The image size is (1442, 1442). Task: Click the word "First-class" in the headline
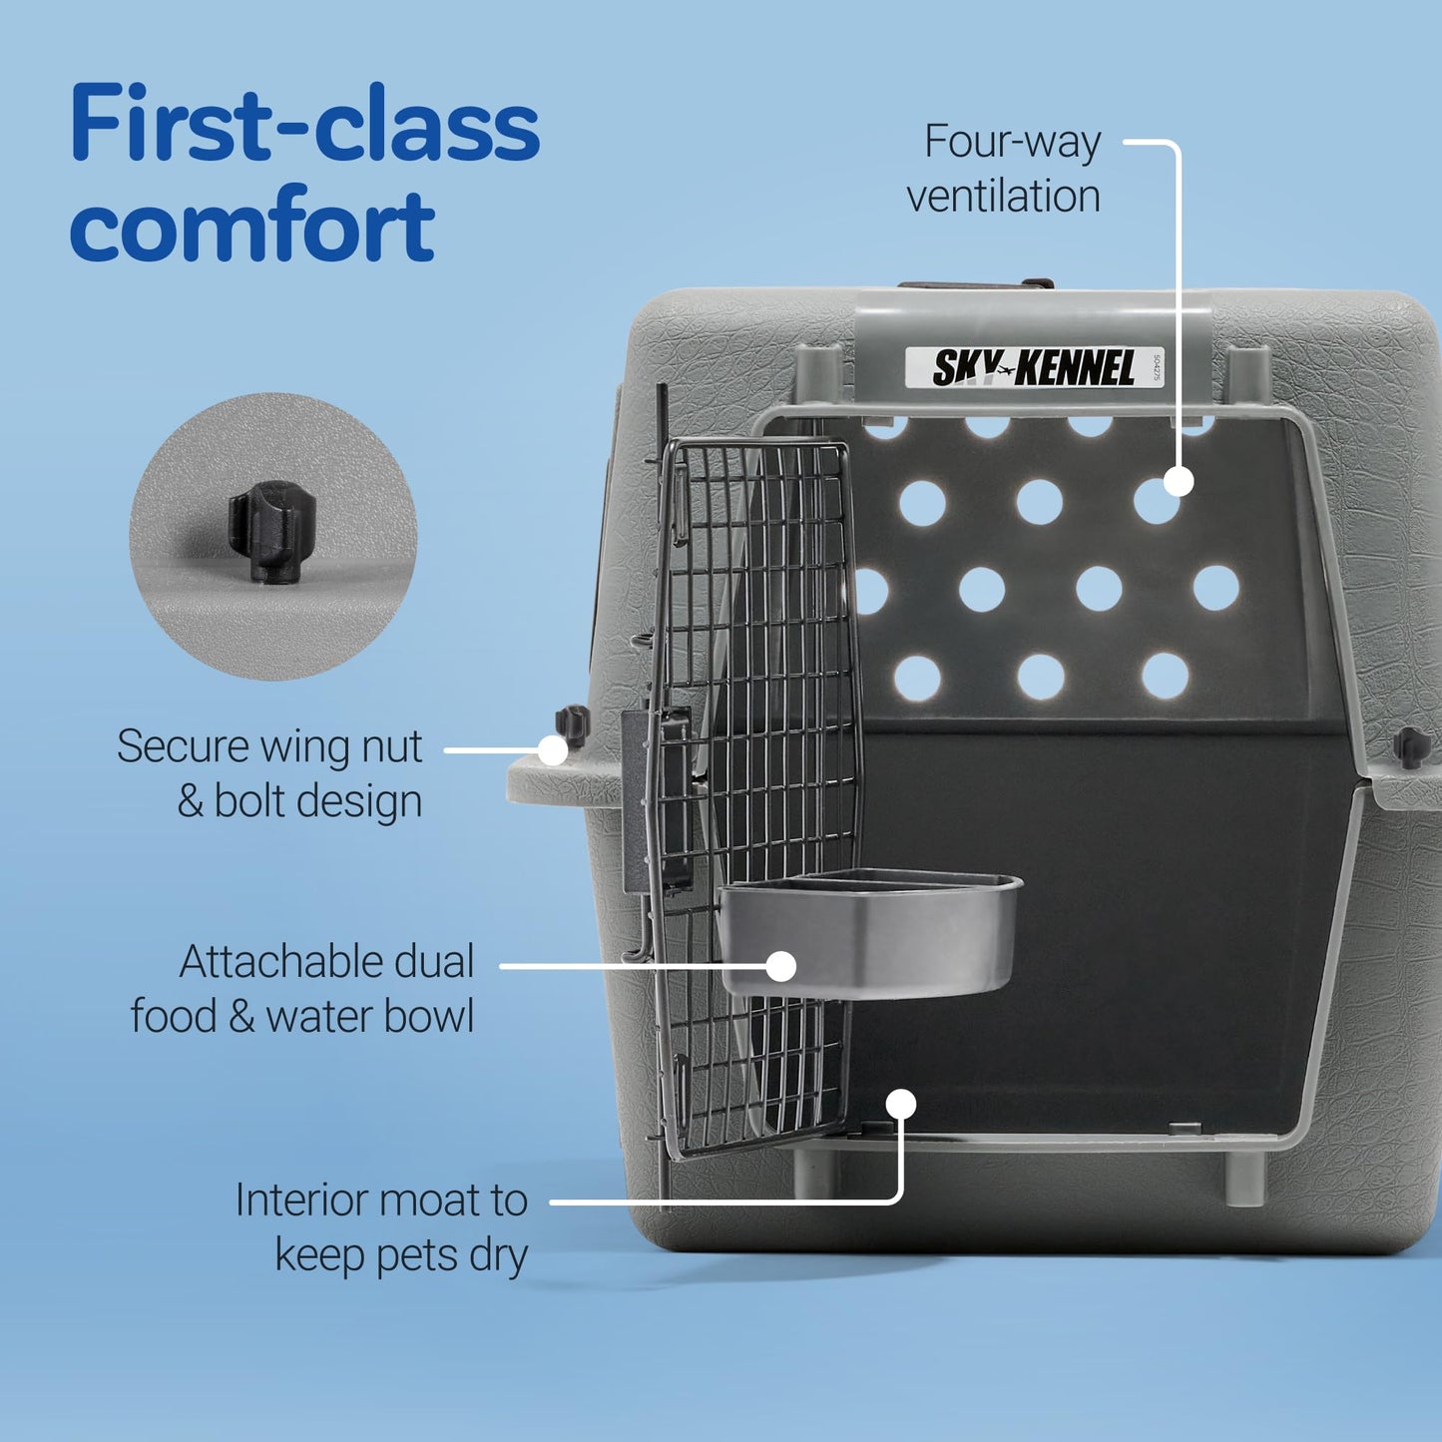304,125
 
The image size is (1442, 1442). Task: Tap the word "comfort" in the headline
251,226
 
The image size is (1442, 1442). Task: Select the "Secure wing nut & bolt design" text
269,773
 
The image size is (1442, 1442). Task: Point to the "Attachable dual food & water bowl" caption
302,989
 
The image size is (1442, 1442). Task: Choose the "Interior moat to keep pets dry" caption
381,1227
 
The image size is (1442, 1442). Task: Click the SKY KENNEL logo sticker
1034,368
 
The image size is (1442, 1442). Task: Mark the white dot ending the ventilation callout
1179,482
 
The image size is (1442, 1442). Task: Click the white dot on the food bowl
781,966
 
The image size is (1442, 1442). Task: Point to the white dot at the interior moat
901,1104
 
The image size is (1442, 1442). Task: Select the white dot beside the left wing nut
553,750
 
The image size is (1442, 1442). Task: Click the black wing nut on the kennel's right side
1411,746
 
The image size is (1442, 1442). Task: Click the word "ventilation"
1003,197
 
